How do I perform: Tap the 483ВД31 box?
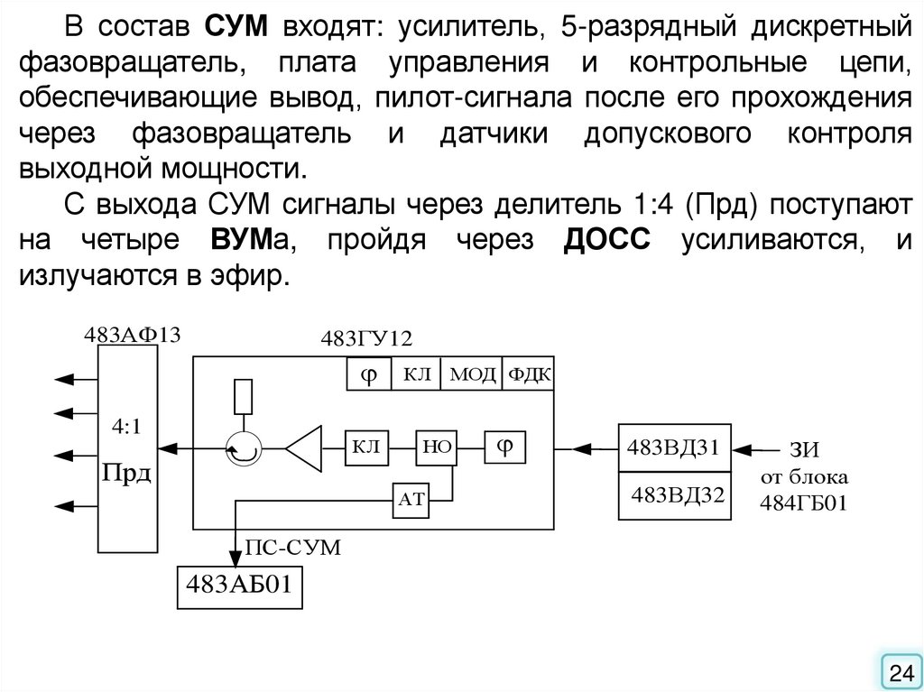(673, 447)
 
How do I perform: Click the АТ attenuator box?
(410, 502)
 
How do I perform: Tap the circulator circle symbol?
(241, 447)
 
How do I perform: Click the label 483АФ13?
(133, 335)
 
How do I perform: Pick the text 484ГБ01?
(803, 502)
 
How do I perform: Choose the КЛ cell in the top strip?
(416, 374)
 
